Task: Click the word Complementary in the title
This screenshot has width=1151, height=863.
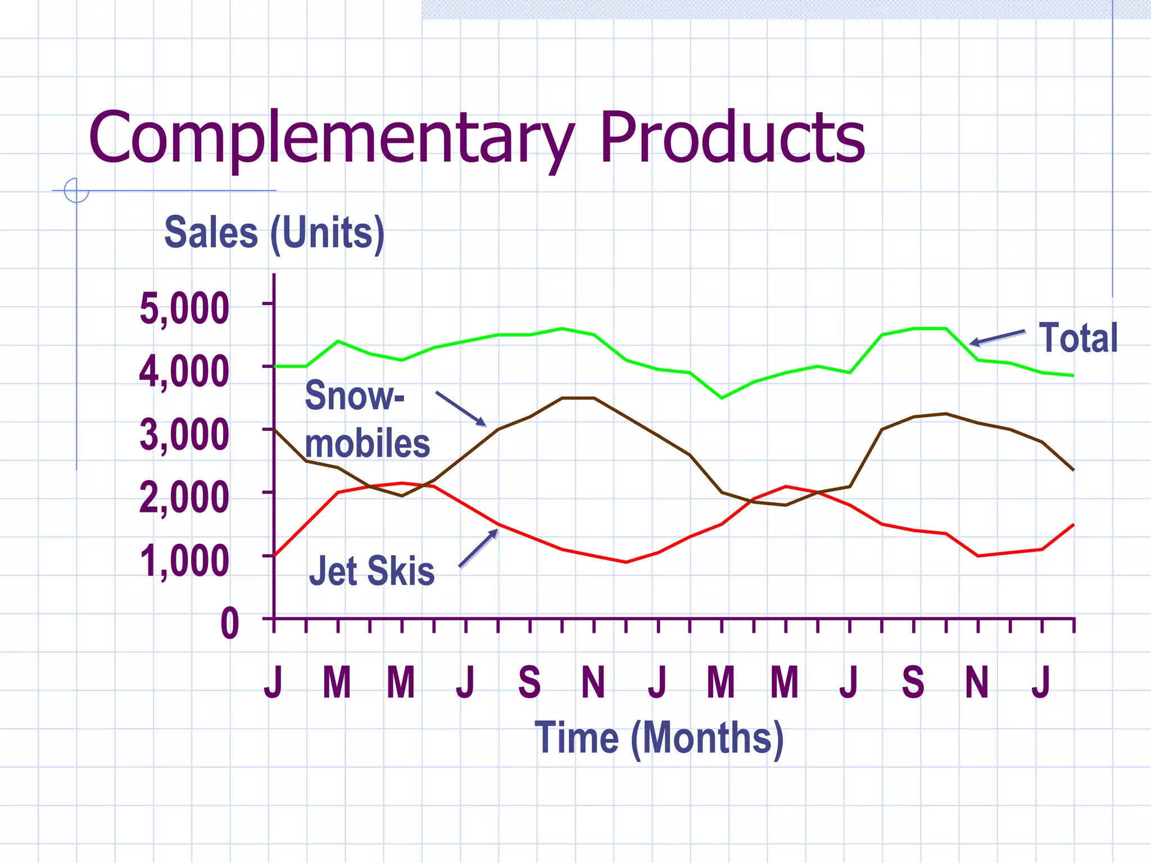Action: click(332, 138)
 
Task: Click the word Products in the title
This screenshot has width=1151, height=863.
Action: click(732, 138)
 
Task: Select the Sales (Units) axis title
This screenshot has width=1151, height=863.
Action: click(274, 233)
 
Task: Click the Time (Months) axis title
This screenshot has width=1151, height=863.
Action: click(659, 738)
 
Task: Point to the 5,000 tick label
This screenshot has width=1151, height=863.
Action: click(184, 308)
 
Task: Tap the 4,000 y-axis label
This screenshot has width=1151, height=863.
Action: click(184, 371)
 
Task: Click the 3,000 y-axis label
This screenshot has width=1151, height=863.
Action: click(184, 435)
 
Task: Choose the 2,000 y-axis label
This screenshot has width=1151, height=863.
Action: click(184, 498)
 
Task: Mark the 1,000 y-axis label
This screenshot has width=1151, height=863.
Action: click(184, 561)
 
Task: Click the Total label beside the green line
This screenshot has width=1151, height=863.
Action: click(1078, 338)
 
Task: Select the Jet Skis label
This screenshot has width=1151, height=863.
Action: click(371, 571)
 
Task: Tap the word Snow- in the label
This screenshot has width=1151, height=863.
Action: click(354, 396)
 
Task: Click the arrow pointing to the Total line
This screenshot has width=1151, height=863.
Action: click(997, 338)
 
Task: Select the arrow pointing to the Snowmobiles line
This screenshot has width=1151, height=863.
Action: click(461, 408)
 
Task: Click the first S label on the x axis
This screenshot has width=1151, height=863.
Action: click(529, 682)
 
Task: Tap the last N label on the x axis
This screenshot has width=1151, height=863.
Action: click(977, 682)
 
